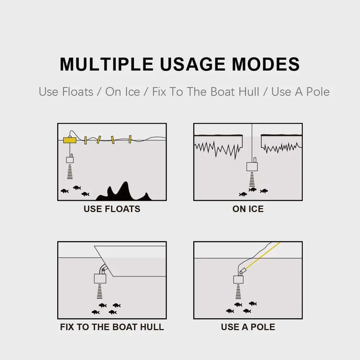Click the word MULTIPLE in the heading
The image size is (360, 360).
click(x=107, y=64)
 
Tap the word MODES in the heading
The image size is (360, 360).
click(x=266, y=64)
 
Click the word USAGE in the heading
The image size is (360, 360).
click(x=193, y=64)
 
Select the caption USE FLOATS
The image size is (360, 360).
click(x=112, y=209)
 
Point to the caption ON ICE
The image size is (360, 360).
click(x=248, y=209)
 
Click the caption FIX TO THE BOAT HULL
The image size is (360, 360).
click(x=112, y=327)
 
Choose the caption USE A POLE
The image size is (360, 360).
click(x=248, y=327)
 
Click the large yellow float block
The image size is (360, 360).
click(x=69, y=140)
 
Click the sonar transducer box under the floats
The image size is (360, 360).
click(x=70, y=160)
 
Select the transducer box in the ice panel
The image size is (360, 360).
click(x=252, y=166)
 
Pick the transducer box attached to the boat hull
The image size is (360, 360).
click(x=100, y=278)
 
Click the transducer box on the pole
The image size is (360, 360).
click(x=238, y=279)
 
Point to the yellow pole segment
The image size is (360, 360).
click(x=263, y=256)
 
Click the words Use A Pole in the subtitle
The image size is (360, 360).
click(x=300, y=92)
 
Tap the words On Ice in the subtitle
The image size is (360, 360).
click(x=122, y=92)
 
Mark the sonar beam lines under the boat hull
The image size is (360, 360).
click(x=100, y=291)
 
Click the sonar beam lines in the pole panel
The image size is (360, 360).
click(x=238, y=292)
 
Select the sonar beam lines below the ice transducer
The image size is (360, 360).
click(x=252, y=179)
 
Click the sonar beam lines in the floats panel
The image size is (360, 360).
click(x=70, y=172)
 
